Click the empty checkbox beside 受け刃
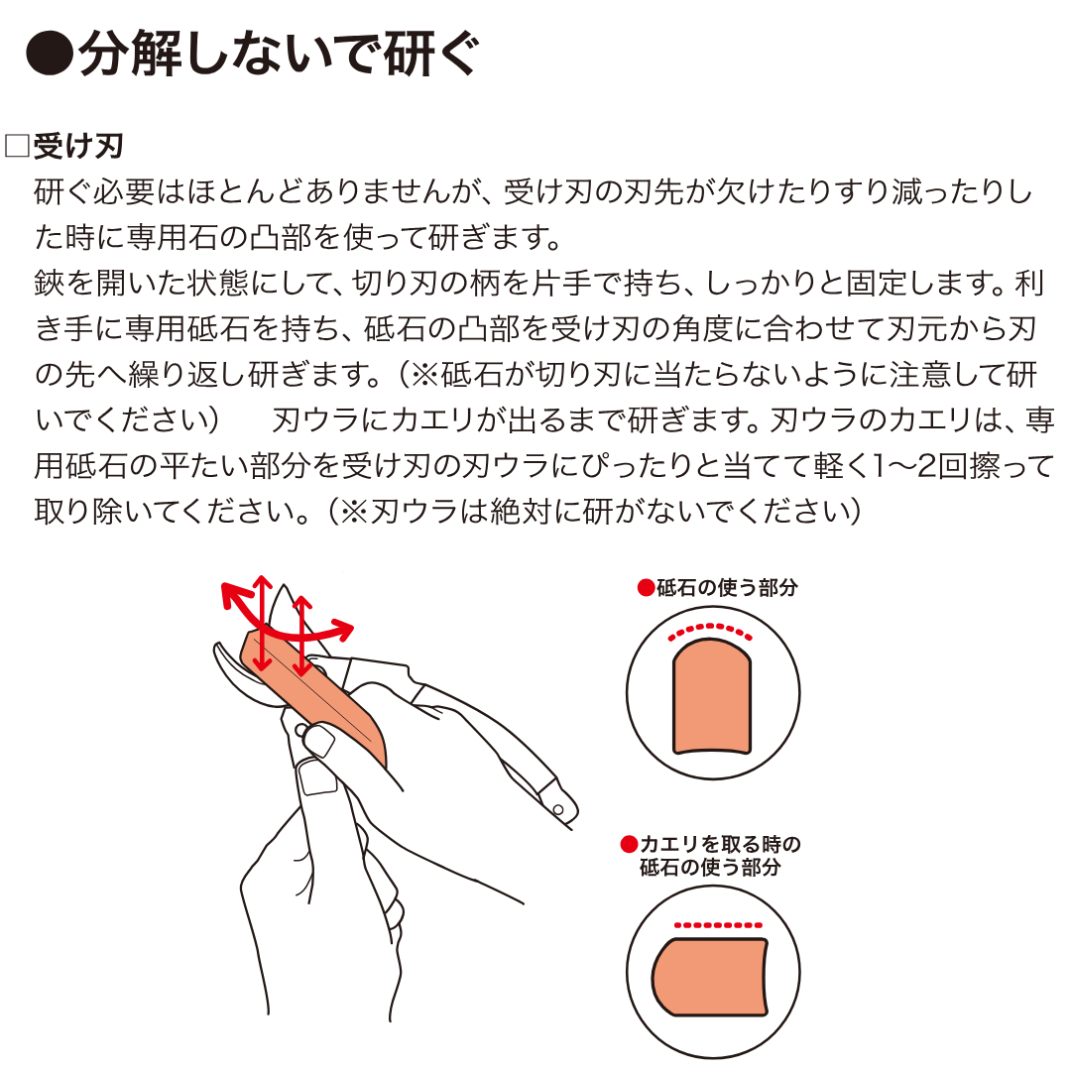(x=17, y=146)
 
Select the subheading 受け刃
(x=78, y=146)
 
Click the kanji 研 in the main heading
(x=408, y=54)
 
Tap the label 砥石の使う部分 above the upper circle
(x=727, y=587)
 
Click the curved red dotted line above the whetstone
(x=710, y=628)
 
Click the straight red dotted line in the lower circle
(x=718, y=925)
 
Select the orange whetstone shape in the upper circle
(x=712, y=697)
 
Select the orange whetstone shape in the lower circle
(x=710, y=977)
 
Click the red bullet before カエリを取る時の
(x=629, y=844)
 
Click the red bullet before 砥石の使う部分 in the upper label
(x=646, y=587)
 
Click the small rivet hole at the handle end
(x=557, y=810)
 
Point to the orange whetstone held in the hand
(x=314, y=697)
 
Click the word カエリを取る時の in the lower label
(x=720, y=844)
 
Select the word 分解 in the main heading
(x=131, y=54)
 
